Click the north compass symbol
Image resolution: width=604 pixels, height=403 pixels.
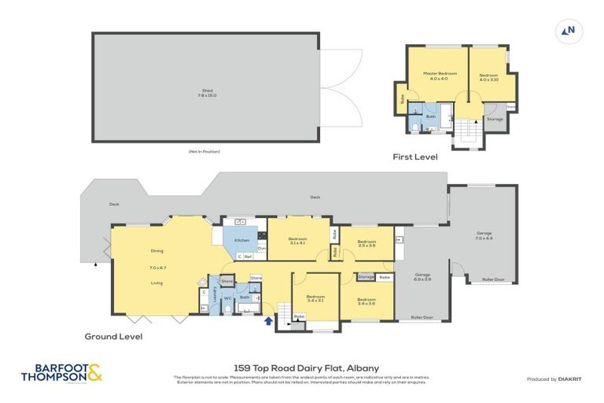568,31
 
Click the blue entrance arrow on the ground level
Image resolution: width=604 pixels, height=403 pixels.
270,320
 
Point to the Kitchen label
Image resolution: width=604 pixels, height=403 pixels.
241,240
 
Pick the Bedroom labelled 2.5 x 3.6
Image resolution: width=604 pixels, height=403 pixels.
366,244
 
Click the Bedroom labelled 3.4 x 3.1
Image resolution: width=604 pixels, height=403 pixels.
315,298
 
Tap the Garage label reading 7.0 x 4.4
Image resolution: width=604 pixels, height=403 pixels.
484,235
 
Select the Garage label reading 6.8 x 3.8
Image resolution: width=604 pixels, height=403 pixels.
423,276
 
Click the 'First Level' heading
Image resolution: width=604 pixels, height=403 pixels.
415,157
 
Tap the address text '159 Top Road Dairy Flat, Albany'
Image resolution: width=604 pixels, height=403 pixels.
301,368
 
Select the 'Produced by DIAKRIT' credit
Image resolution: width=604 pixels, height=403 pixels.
551,379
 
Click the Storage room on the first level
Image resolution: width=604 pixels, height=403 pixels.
495,120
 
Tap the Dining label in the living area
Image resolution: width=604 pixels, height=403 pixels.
157,251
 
